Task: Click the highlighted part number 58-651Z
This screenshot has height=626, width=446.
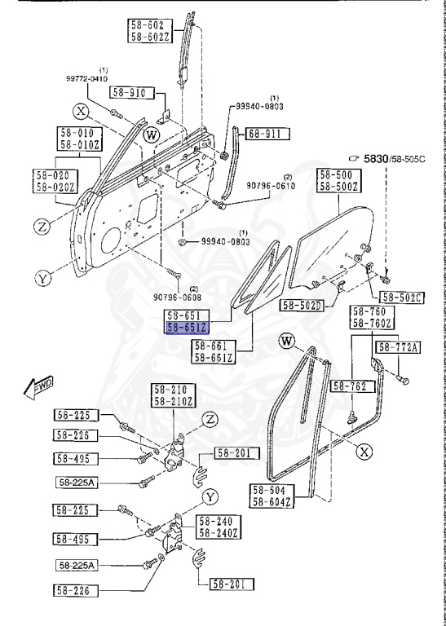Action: (x=188, y=328)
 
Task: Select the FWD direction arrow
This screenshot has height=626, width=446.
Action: (x=38, y=386)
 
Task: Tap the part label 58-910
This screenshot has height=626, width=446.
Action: (x=128, y=93)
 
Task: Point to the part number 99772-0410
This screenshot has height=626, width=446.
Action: (x=87, y=78)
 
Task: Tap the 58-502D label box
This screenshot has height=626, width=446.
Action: (x=302, y=306)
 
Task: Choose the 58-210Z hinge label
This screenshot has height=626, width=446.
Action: (x=172, y=402)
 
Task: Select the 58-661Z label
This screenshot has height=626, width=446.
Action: (x=214, y=358)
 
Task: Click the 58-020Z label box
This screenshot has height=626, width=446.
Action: (x=55, y=187)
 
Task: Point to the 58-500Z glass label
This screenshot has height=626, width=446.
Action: (x=337, y=187)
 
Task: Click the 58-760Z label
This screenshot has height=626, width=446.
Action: (x=371, y=324)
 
